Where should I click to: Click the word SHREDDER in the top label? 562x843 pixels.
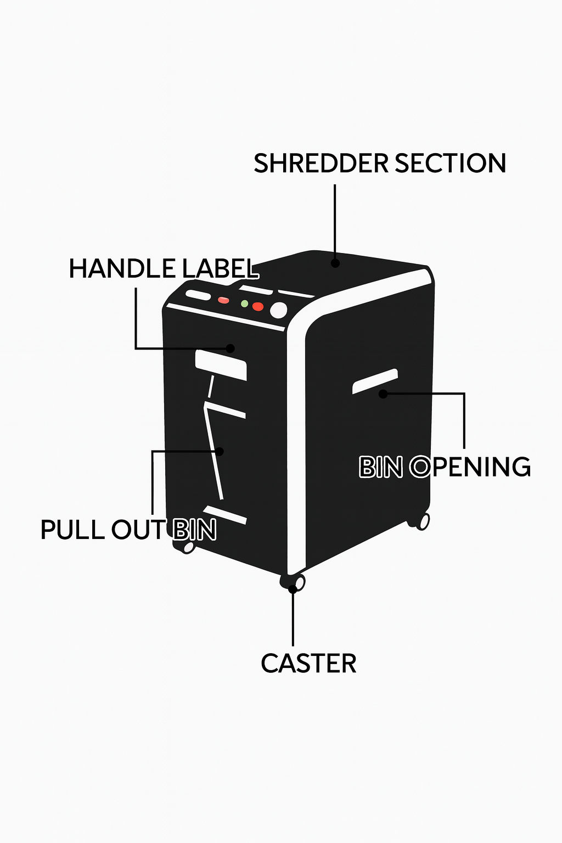coord(321,164)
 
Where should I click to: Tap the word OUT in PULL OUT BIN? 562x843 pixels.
coord(137,530)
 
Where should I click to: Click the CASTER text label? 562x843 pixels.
coord(308,664)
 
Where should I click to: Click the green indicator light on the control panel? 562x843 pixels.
coord(245,304)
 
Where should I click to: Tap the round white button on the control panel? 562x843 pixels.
coord(279,310)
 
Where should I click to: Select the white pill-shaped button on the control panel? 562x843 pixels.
coord(198,295)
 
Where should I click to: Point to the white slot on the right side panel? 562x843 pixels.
coord(375,381)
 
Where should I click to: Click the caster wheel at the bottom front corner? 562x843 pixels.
coord(298,582)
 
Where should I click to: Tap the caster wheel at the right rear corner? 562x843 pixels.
coord(423,521)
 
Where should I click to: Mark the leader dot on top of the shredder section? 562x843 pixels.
coord(335,263)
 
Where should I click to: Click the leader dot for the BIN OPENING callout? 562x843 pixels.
coord(383,394)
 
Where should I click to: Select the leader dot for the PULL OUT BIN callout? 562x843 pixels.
coord(220,451)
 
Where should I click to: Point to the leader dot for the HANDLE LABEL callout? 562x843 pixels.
coord(231,348)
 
